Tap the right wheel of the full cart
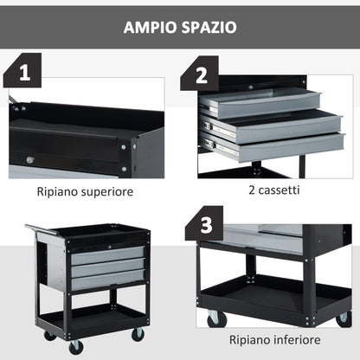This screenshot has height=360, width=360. pyautogui.click(x=138, y=333)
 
